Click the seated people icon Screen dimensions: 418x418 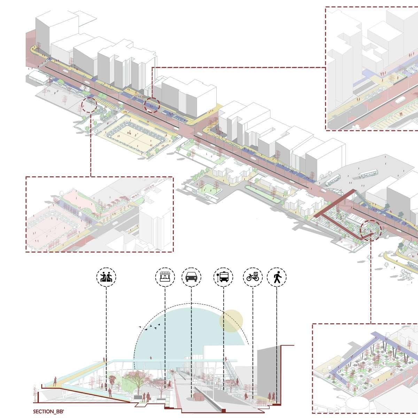(x=106, y=277)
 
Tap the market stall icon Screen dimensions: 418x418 (x=165, y=277)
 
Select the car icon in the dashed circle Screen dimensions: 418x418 (x=191, y=277)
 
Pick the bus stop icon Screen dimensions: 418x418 (x=223, y=277)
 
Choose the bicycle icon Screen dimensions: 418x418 (x=253, y=277)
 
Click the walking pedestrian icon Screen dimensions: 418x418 (x=277, y=277)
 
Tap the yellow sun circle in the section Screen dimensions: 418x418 (x=231, y=320)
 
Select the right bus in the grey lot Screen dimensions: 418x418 (x=368, y=173)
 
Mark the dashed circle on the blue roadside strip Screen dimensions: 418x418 (x=152, y=104)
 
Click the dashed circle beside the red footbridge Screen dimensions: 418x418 (x=371, y=230)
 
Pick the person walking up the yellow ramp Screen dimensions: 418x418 (x=55, y=381)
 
